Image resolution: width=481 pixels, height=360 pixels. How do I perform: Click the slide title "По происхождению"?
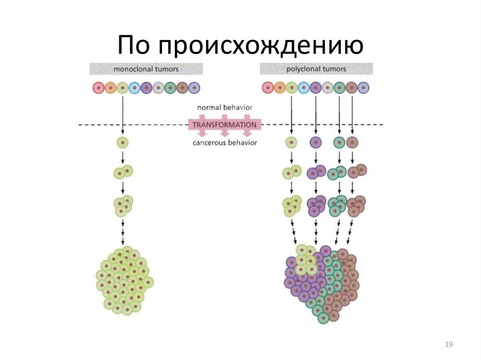240,46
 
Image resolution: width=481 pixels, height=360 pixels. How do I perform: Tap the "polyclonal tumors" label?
316,69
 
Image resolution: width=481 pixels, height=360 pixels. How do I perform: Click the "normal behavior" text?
225,107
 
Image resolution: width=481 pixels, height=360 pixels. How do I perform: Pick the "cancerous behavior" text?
225,143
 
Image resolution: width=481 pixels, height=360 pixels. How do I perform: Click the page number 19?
449,345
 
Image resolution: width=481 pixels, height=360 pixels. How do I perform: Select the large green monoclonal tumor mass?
124,280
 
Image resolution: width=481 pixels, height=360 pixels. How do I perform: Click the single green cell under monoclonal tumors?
123,142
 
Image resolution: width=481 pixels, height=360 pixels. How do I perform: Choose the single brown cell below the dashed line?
352,142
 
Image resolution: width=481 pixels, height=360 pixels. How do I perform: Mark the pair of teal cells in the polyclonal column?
337,173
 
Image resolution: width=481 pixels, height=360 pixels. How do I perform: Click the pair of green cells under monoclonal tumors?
123,172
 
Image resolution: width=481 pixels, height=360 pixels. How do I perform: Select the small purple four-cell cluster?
316,205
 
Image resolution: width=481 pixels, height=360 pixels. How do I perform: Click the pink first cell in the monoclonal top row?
98,88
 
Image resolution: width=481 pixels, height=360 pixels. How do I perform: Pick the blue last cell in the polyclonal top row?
364,88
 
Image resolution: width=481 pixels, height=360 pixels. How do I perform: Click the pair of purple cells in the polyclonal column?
316,172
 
